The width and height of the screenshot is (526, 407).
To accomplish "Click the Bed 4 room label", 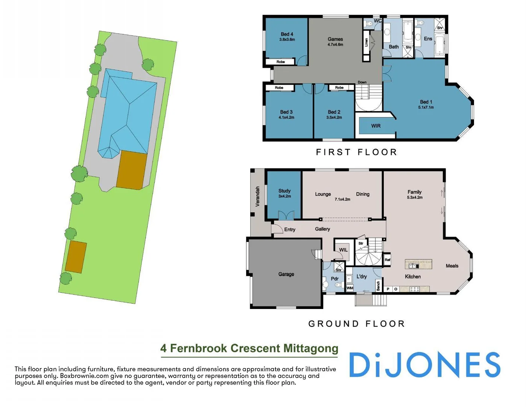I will [x=287, y=34].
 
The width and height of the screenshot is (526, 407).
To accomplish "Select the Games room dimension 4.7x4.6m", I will [x=335, y=44].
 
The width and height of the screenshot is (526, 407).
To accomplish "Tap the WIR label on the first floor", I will [x=375, y=126].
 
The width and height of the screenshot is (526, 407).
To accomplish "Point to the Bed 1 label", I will [x=426, y=102].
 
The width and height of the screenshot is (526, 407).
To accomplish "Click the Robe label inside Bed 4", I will [x=280, y=62].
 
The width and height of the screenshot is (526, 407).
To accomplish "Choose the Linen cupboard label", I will [x=366, y=42].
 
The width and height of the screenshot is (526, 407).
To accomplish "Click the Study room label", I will [x=284, y=191].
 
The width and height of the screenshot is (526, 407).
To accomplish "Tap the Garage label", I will [x=286, y=274].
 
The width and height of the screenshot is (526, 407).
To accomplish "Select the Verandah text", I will [x=258, y=196].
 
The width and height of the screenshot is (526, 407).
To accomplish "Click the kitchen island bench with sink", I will [x=418, y=264].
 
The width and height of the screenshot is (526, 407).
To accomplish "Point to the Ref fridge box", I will [x=387, y=260].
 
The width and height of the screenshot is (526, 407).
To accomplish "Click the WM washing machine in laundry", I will [x=350, y=288].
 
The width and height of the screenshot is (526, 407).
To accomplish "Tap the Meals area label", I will [x=452, y=266].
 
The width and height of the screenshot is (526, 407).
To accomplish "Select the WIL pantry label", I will [x=343, y=250].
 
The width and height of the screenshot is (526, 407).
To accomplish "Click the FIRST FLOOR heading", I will [x=356, y=152].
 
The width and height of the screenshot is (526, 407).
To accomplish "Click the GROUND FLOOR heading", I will [x=356, y=324].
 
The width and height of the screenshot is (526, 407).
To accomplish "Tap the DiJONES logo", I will [x=424, y=365].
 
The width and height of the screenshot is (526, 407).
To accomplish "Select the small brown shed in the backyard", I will [x=76, y=257].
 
